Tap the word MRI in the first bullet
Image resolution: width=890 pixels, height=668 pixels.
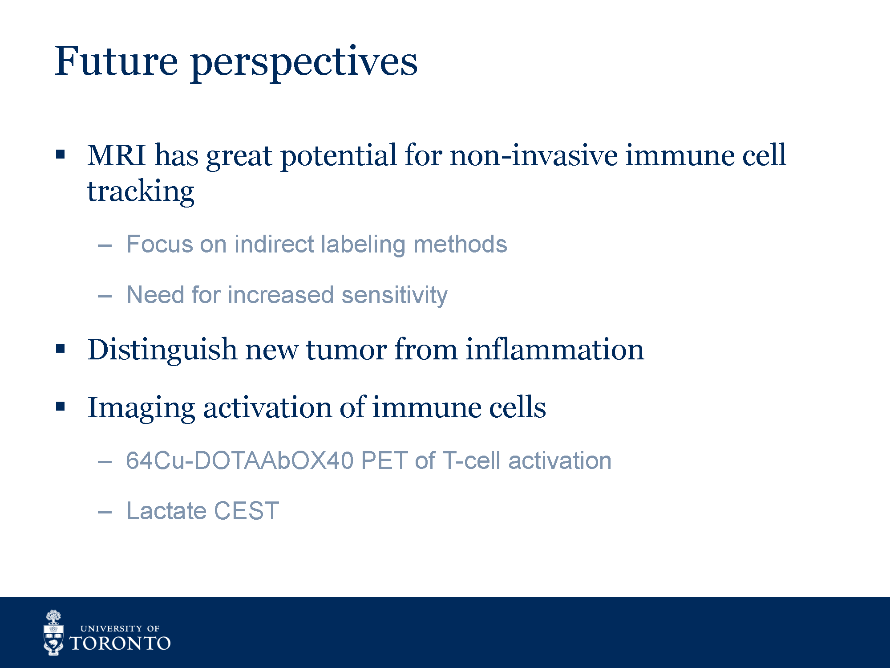pyautogui.click(x=117, y=155)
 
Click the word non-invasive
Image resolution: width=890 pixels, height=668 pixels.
pyautogui.click(x=534, y=155)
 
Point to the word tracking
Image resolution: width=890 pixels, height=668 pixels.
pyautogui.click(x=141, y=192)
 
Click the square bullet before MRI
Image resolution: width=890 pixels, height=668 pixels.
pyautogui.click(x=61, y=155)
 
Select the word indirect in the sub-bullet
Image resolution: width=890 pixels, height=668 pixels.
pyautogui.click(x=275, y=244)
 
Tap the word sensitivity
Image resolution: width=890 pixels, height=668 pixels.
pyautogui.click(x=395, y=295)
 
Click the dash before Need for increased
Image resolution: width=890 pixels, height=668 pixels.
pyautogui.click(x=105, y=296)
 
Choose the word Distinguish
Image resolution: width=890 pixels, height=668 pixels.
pyautogui.click(x=162, y=350)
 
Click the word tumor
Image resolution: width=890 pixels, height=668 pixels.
pyautogui.click(x=346, y=350)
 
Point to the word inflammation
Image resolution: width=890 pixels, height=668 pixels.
pyautogui.click(x=555, y=349)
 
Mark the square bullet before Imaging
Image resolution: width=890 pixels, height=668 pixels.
pyautogui.click(x=61, y=406)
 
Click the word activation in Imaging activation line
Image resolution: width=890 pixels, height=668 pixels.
pyautogui.click(x=267, y=407)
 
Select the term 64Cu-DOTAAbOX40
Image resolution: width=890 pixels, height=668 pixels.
pyautogui.click(x=240, y=460)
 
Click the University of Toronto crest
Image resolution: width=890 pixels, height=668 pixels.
pyautogui.click(x=53, y=633)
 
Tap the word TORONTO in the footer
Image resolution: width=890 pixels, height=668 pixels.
pyautogui.click(x=120, y=644)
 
